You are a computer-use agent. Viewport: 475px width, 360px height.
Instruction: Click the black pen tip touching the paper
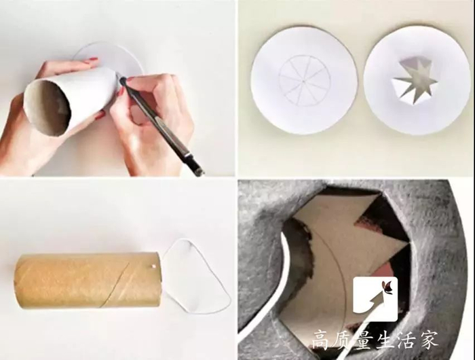click(x=123, y=82)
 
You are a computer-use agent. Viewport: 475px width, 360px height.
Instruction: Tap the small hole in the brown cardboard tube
click(x=153, y=266)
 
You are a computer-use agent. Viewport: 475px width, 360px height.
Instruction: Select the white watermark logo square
click(x=375, y=299)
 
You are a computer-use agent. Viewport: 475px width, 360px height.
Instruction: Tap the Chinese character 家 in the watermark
click(x=428, y=340)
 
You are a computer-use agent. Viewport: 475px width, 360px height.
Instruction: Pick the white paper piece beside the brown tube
click(x=195, y=276)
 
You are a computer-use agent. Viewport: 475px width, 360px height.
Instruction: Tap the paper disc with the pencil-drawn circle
click(x=305, y=79)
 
